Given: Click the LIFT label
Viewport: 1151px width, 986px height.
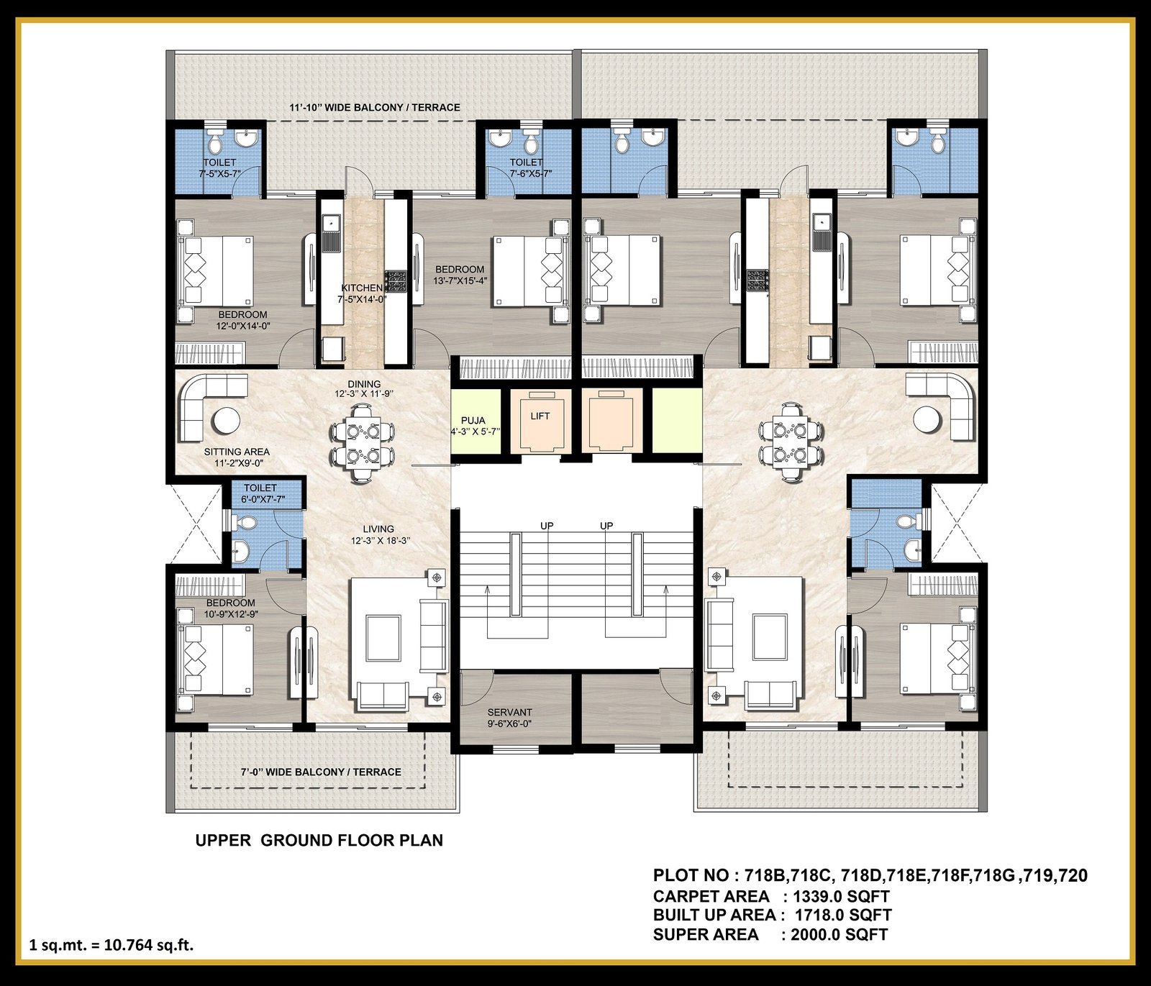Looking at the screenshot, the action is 540,416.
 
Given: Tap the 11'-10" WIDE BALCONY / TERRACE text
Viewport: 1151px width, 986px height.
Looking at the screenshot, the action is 375,107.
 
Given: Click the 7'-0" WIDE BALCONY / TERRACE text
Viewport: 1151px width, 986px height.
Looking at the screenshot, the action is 321,772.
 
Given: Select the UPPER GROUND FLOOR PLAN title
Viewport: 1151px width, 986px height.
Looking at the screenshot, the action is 319,840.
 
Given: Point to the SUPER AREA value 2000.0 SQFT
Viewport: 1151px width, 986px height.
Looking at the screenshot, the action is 840,934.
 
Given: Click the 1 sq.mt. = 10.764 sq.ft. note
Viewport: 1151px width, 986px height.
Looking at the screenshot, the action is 112,945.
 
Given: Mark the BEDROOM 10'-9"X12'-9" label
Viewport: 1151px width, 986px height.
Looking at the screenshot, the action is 230,608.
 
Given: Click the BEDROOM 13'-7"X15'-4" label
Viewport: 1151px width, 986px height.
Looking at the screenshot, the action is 460,275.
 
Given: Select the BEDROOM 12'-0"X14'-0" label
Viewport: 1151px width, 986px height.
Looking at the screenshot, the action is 243,320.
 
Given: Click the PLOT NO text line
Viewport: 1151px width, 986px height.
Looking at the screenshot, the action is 870,875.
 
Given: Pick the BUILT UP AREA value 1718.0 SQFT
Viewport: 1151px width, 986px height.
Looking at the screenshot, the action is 843,915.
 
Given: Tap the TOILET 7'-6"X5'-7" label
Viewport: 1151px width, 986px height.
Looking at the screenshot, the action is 526,168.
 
